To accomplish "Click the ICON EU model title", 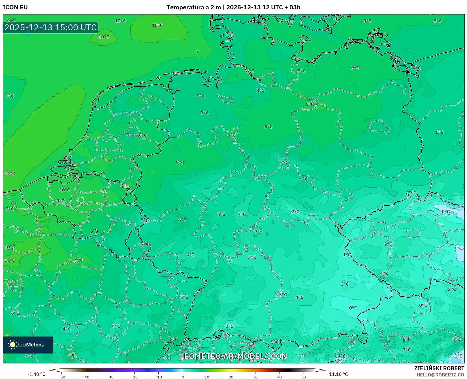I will pyautogui.click(x=15, y=7).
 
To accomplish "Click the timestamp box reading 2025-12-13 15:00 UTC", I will pyautogui.click(x=50, y=27).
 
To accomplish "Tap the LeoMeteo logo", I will pyautogui.click(x=28, y=345).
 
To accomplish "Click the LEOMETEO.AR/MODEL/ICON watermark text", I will pyautogui.click(x=233, y=356).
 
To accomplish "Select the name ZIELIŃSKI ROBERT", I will pyautogui.click(x=439, y=368).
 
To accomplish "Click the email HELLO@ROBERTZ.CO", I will pyautogui.click(x=440, y=375).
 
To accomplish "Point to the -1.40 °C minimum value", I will pyautogui.click(x=36, y=374).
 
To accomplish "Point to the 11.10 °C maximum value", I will pyautogui.click(x=338, y=374).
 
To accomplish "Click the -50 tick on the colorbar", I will pyautogui.click(x=62, y=377).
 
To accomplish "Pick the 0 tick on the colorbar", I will pyautogui.click(x=183, y=377).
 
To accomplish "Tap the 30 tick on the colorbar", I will pyautogui.click(x=255, y=377).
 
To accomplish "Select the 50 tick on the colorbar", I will pyautogui.click(x=304, y=377).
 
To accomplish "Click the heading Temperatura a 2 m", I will pyautogui.click(x=193, y=7).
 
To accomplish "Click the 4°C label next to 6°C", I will pyautogui.click(x=242, y=214).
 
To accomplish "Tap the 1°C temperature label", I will pyautogui.click(x=347, y=255).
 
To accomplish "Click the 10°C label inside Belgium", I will pyautogui.click(x=65, y=190).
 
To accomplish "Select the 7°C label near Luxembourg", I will pyautogui.click(x=145, y=244).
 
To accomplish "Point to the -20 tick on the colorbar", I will pyautogui.click(x=134, y=377).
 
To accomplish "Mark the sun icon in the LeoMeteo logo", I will pyautogui.click(x=12, y=345).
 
